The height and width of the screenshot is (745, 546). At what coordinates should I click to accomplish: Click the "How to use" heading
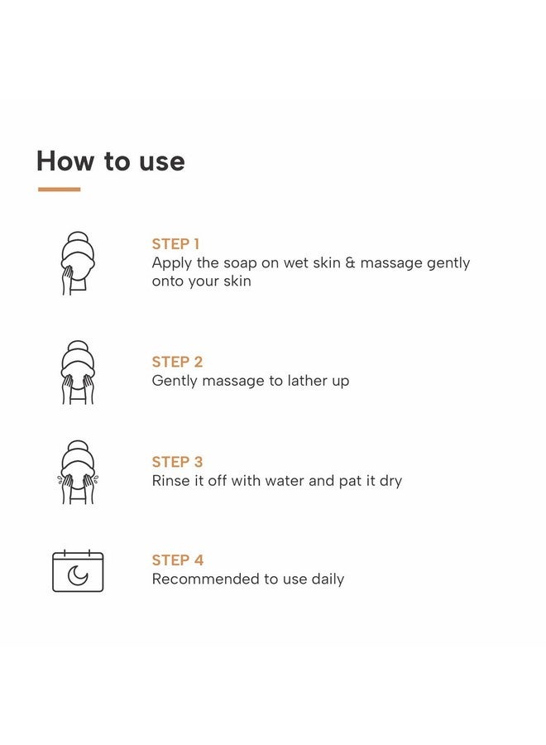pos(111,161)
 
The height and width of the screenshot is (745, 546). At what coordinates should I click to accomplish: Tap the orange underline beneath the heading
pos(60,189)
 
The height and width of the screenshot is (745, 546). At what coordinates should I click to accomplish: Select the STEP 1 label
pos(175,244)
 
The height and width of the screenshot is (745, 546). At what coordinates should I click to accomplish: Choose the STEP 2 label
pos(177,362)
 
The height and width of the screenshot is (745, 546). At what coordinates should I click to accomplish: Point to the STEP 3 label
pos(177,462)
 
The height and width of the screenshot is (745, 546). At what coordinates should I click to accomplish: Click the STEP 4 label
pos(178,560)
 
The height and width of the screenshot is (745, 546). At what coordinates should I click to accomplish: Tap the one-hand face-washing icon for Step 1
pos(78,263)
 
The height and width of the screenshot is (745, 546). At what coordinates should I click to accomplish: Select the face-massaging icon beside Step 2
pos(78,372)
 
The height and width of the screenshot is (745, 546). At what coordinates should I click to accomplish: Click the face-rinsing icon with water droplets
pos(78,472)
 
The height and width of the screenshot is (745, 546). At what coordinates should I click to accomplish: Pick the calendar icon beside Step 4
pos(78,570)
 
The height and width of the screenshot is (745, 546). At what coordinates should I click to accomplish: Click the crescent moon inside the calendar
pos(78,575)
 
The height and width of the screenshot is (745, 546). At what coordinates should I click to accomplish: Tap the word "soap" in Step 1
pos(240,263)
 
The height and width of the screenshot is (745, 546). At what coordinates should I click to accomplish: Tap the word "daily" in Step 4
pos(328,579)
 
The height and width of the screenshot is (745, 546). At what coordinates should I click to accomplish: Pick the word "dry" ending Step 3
pos(390,481)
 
